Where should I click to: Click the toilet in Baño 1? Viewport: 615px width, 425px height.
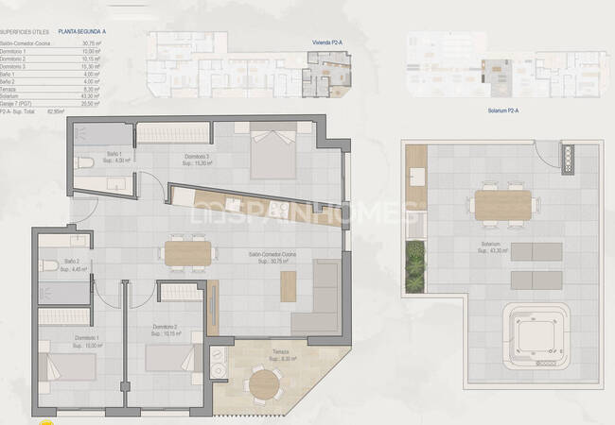(83, 161)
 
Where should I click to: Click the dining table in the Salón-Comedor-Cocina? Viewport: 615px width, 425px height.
(186, 253)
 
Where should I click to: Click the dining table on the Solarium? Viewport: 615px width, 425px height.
(502, 204)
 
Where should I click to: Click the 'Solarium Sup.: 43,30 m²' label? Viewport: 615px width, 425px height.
(497, 246)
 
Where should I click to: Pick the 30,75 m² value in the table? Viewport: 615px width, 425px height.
(91, 43)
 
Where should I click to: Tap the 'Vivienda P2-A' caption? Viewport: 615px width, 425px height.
(328, 42)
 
